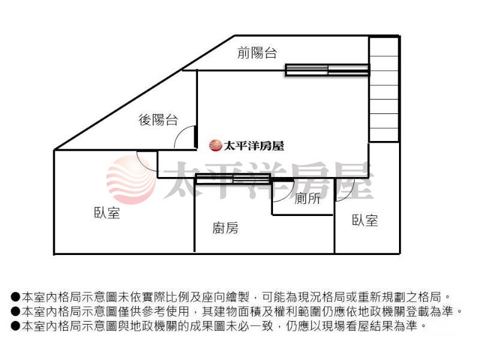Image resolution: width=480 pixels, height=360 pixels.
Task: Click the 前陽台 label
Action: coord(257,53)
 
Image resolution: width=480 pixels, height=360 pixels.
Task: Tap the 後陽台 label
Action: coord(158,120)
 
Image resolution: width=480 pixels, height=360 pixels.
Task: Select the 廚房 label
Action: coord(225,228)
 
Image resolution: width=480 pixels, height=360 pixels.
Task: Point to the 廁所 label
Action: coord(308,200)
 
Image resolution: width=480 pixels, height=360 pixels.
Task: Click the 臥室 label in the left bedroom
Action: coord(107,212)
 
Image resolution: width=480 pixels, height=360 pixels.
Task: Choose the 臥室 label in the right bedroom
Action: coord(365,220)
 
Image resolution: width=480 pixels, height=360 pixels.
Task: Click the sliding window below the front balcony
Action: coord(327,70)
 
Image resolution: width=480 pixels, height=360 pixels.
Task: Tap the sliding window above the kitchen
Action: coord(233,178)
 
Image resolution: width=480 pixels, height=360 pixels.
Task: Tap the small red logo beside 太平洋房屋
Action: coord(215,145)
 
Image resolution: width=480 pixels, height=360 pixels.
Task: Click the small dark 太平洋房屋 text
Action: coord(253,145)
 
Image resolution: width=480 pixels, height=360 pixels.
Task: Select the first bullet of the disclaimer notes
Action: coord(16,297)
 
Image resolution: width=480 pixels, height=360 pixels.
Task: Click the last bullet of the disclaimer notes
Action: coord(16,326)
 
